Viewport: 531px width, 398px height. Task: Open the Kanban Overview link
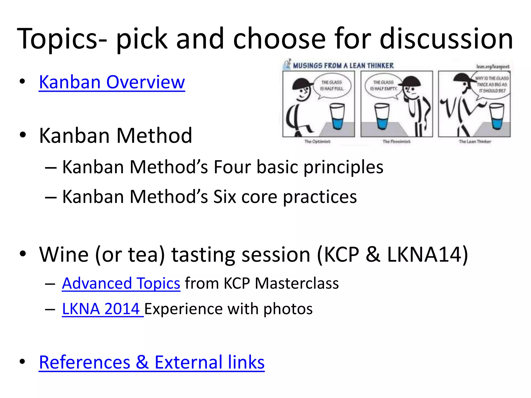[x=112, y=82]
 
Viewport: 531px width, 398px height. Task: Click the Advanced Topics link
[x=121, y=283]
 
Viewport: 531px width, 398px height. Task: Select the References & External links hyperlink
[x=152, y=362]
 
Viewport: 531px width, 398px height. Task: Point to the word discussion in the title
[x=446, y=39]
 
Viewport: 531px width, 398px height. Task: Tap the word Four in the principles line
[x=232, y=167]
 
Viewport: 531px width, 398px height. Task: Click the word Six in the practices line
[x=225, y=197]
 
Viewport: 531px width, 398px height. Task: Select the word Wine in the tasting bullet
[x=64, y=254]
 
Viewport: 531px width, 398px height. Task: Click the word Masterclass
[x=297, y=283]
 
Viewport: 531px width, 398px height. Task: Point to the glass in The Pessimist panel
[x=382, y=116]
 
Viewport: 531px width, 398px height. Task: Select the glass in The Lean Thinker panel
[x=497, y=116]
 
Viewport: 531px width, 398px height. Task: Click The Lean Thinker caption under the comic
[x=475, y=141]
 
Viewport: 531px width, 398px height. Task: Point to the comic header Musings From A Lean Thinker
[x=343, y=66]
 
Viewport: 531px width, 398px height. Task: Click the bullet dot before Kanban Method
[x=23, y=135]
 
